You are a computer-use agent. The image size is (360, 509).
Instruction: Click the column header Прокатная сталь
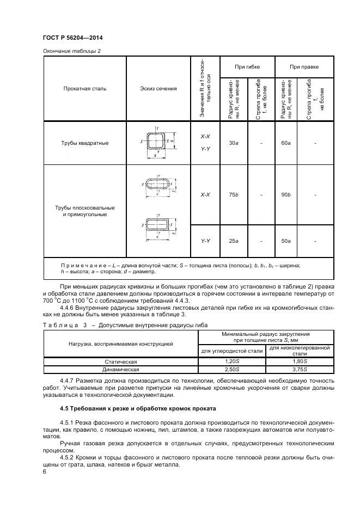[84, 88]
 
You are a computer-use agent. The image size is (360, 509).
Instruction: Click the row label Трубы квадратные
[84, 143]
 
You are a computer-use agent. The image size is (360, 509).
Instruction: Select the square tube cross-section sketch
[160, 143]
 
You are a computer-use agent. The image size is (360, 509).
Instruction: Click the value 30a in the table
[233, 143]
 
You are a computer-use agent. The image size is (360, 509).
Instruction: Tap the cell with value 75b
[233, 194]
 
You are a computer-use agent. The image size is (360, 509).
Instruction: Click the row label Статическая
[120, 361]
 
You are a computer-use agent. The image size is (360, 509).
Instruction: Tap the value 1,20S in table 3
[231, 361]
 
